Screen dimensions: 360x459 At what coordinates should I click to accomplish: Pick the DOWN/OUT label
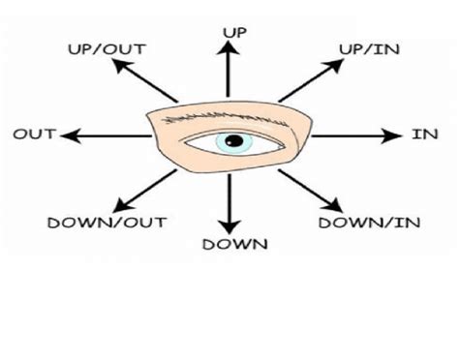point(94,223)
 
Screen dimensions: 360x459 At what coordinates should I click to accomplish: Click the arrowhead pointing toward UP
point(229,50)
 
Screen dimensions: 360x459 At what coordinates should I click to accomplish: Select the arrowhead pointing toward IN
point(394,135)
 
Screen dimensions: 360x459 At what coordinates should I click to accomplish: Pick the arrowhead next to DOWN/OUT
point(120,206)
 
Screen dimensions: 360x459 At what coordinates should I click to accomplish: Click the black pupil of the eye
point(232,142)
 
